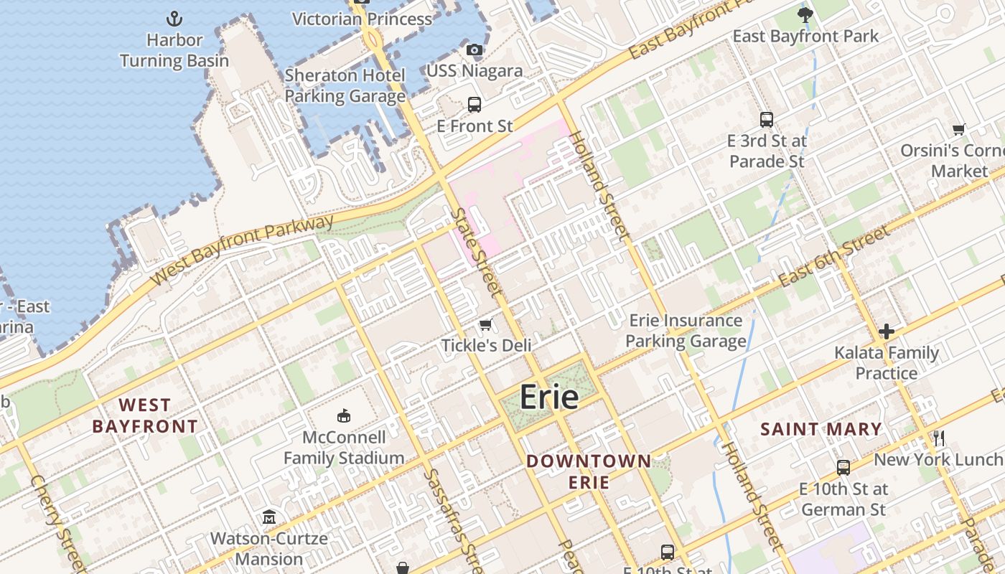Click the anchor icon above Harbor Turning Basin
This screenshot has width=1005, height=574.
coord(174,18)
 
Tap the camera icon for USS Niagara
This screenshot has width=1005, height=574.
coord(475,50)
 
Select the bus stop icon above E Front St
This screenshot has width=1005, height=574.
coord(475,105)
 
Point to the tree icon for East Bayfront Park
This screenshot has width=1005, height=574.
coord(805,14)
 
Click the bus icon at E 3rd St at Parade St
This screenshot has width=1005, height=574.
coord(767,120)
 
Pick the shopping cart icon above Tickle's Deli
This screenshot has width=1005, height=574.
coord(486,325)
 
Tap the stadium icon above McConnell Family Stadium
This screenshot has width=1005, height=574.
coord(344,416)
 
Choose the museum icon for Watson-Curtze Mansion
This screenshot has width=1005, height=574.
coord(269,517)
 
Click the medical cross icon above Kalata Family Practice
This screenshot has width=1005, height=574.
coord(887,331)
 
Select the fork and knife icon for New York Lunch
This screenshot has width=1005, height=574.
coord(938,438)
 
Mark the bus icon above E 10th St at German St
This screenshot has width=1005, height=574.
coord(843,468)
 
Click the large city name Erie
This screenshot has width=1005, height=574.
coord(549,397)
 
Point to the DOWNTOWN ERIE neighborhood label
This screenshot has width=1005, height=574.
coord(589,471)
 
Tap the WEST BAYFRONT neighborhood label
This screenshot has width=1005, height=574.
coord(145,415)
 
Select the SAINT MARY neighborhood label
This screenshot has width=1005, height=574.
coord(821,430)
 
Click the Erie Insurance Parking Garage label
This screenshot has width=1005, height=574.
coord(686,331)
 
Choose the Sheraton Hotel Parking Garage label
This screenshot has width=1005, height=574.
coord(345,86)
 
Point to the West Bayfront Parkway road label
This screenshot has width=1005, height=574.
coord(244,250)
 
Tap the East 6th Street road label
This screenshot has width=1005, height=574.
coord(835,256)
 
